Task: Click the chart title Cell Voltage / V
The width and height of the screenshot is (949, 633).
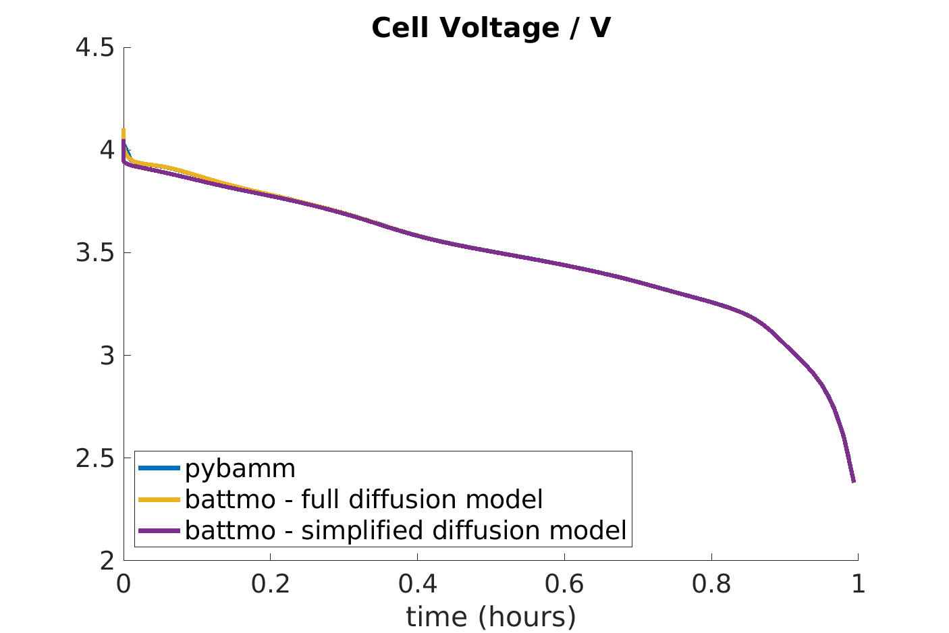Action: pos(491,28)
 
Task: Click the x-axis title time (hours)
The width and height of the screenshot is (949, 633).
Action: pos(491,616)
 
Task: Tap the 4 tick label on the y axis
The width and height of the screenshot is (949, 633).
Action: pos(107,150)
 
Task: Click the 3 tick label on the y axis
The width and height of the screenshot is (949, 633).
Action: pos(107,356)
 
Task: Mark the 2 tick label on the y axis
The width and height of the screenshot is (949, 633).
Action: pos(107,560)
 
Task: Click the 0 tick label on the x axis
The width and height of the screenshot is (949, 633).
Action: pos(124,584)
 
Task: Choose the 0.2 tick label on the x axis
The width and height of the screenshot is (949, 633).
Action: pos(270,584)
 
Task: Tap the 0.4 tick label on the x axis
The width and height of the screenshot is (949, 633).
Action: pos(417,584)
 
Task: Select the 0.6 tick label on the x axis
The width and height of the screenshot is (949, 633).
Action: pos(564,584)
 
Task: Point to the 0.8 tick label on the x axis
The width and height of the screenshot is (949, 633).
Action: pos(711,584)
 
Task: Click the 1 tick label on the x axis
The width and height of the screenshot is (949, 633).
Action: pos(858,584)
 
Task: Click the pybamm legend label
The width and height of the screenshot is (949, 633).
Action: pos(240,468)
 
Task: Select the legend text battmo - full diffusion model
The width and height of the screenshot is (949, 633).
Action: pos(364,499)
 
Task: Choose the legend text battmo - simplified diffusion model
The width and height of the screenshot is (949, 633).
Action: pos(406,530)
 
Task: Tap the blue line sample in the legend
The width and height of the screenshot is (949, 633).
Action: pos(159,468)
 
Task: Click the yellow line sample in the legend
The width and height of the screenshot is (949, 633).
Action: pos(159,499)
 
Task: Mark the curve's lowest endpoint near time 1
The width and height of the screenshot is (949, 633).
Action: pos(854,481)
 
